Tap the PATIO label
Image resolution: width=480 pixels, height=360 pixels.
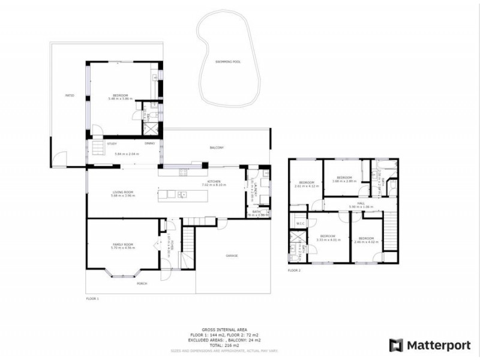(x=70, y=95)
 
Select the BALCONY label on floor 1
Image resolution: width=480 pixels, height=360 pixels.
(x=217, y=148)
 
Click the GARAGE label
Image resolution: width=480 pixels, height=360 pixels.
(x=232, y=256)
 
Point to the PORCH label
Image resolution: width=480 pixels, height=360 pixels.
(x=142, y=283)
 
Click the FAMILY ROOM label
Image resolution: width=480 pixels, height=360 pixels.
(x=123, y=244)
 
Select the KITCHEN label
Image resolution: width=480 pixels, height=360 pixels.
(x=214, y=181)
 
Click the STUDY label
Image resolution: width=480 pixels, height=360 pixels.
(x=112, y=143)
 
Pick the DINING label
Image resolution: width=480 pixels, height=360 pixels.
(x=150, y=143)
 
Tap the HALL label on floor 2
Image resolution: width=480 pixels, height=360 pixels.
(x=361, y=203)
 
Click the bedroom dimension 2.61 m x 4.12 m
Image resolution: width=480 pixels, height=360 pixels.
(x=306, y=186)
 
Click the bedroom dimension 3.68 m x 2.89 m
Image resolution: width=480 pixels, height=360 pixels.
(x=344, y=181)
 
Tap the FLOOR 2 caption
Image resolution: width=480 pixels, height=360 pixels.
(x=294, y=271)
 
